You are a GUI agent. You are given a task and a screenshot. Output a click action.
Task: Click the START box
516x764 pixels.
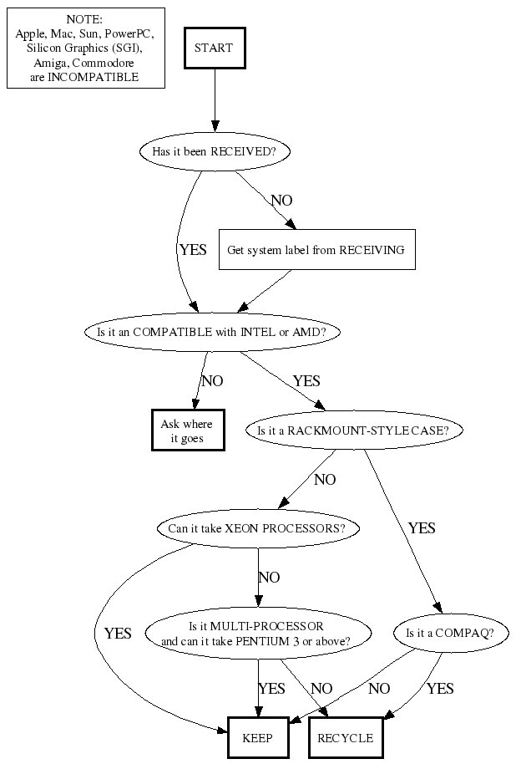[x=215, y=48]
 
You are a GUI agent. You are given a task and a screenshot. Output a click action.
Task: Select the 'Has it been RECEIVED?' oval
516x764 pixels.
[x=215, y=152]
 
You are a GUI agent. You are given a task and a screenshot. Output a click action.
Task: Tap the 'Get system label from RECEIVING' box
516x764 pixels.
[x=316, y=250]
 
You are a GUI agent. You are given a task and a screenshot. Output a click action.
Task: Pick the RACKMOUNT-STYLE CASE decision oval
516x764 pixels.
[x=354, y=431]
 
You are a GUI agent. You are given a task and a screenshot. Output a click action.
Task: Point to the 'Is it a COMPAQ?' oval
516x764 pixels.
[x=450, y=633]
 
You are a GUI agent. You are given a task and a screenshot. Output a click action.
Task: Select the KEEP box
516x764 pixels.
[x=257, y=738]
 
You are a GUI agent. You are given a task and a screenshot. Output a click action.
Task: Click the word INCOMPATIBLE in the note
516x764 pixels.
[x=101, y=77]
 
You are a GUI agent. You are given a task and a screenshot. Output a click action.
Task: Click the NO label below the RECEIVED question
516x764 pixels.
[x=281, y=201]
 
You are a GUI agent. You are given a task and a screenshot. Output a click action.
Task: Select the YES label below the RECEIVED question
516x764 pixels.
[x=192, y=249]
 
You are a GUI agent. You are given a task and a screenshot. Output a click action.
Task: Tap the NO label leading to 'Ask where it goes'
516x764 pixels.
[x=212, y=381]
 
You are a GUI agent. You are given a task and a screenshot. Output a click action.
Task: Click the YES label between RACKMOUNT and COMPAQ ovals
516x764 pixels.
[x=421, y=528]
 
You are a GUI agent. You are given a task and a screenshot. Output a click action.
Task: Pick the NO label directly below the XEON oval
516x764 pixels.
[x=269, y=578]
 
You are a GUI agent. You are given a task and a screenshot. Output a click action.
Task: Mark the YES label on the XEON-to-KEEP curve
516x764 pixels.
[x=118, y=634]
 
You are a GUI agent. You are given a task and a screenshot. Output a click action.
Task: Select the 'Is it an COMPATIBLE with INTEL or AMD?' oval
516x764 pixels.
[x=211, y=332]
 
